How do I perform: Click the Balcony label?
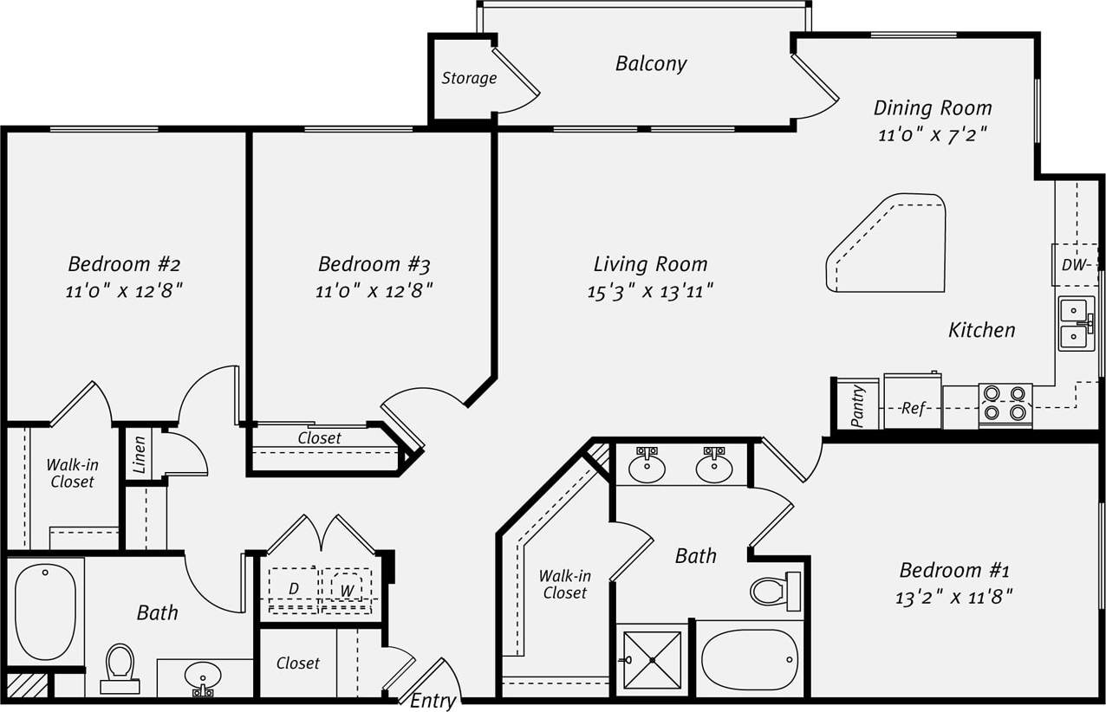click(x=651, y=64)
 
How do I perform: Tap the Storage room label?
click(x=469, y=79)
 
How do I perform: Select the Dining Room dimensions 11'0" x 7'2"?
click(x=932, y=136)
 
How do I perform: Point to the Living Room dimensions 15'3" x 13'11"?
click(x=650, y=291)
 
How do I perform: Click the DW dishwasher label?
click(x=1075, y=266)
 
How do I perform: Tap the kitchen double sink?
click(x=1076, y=324)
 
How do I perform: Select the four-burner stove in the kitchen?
click(x=1005, y=404)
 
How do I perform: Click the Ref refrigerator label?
click(x=913, y=408)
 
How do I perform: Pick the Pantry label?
click(x=857, y=405)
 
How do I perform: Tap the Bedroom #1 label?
click(x=953, y=571)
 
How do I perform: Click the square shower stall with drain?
click(x=653, y=659)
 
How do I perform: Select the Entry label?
click(x=433, y=701)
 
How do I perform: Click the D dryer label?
click(x=294, y=589)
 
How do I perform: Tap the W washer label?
click(x=347, y=590)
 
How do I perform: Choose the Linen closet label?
click(x=140, y=454)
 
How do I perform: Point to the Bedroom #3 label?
click(x=374, y=264)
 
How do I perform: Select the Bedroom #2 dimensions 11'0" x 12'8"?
click(x=124, y=291)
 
